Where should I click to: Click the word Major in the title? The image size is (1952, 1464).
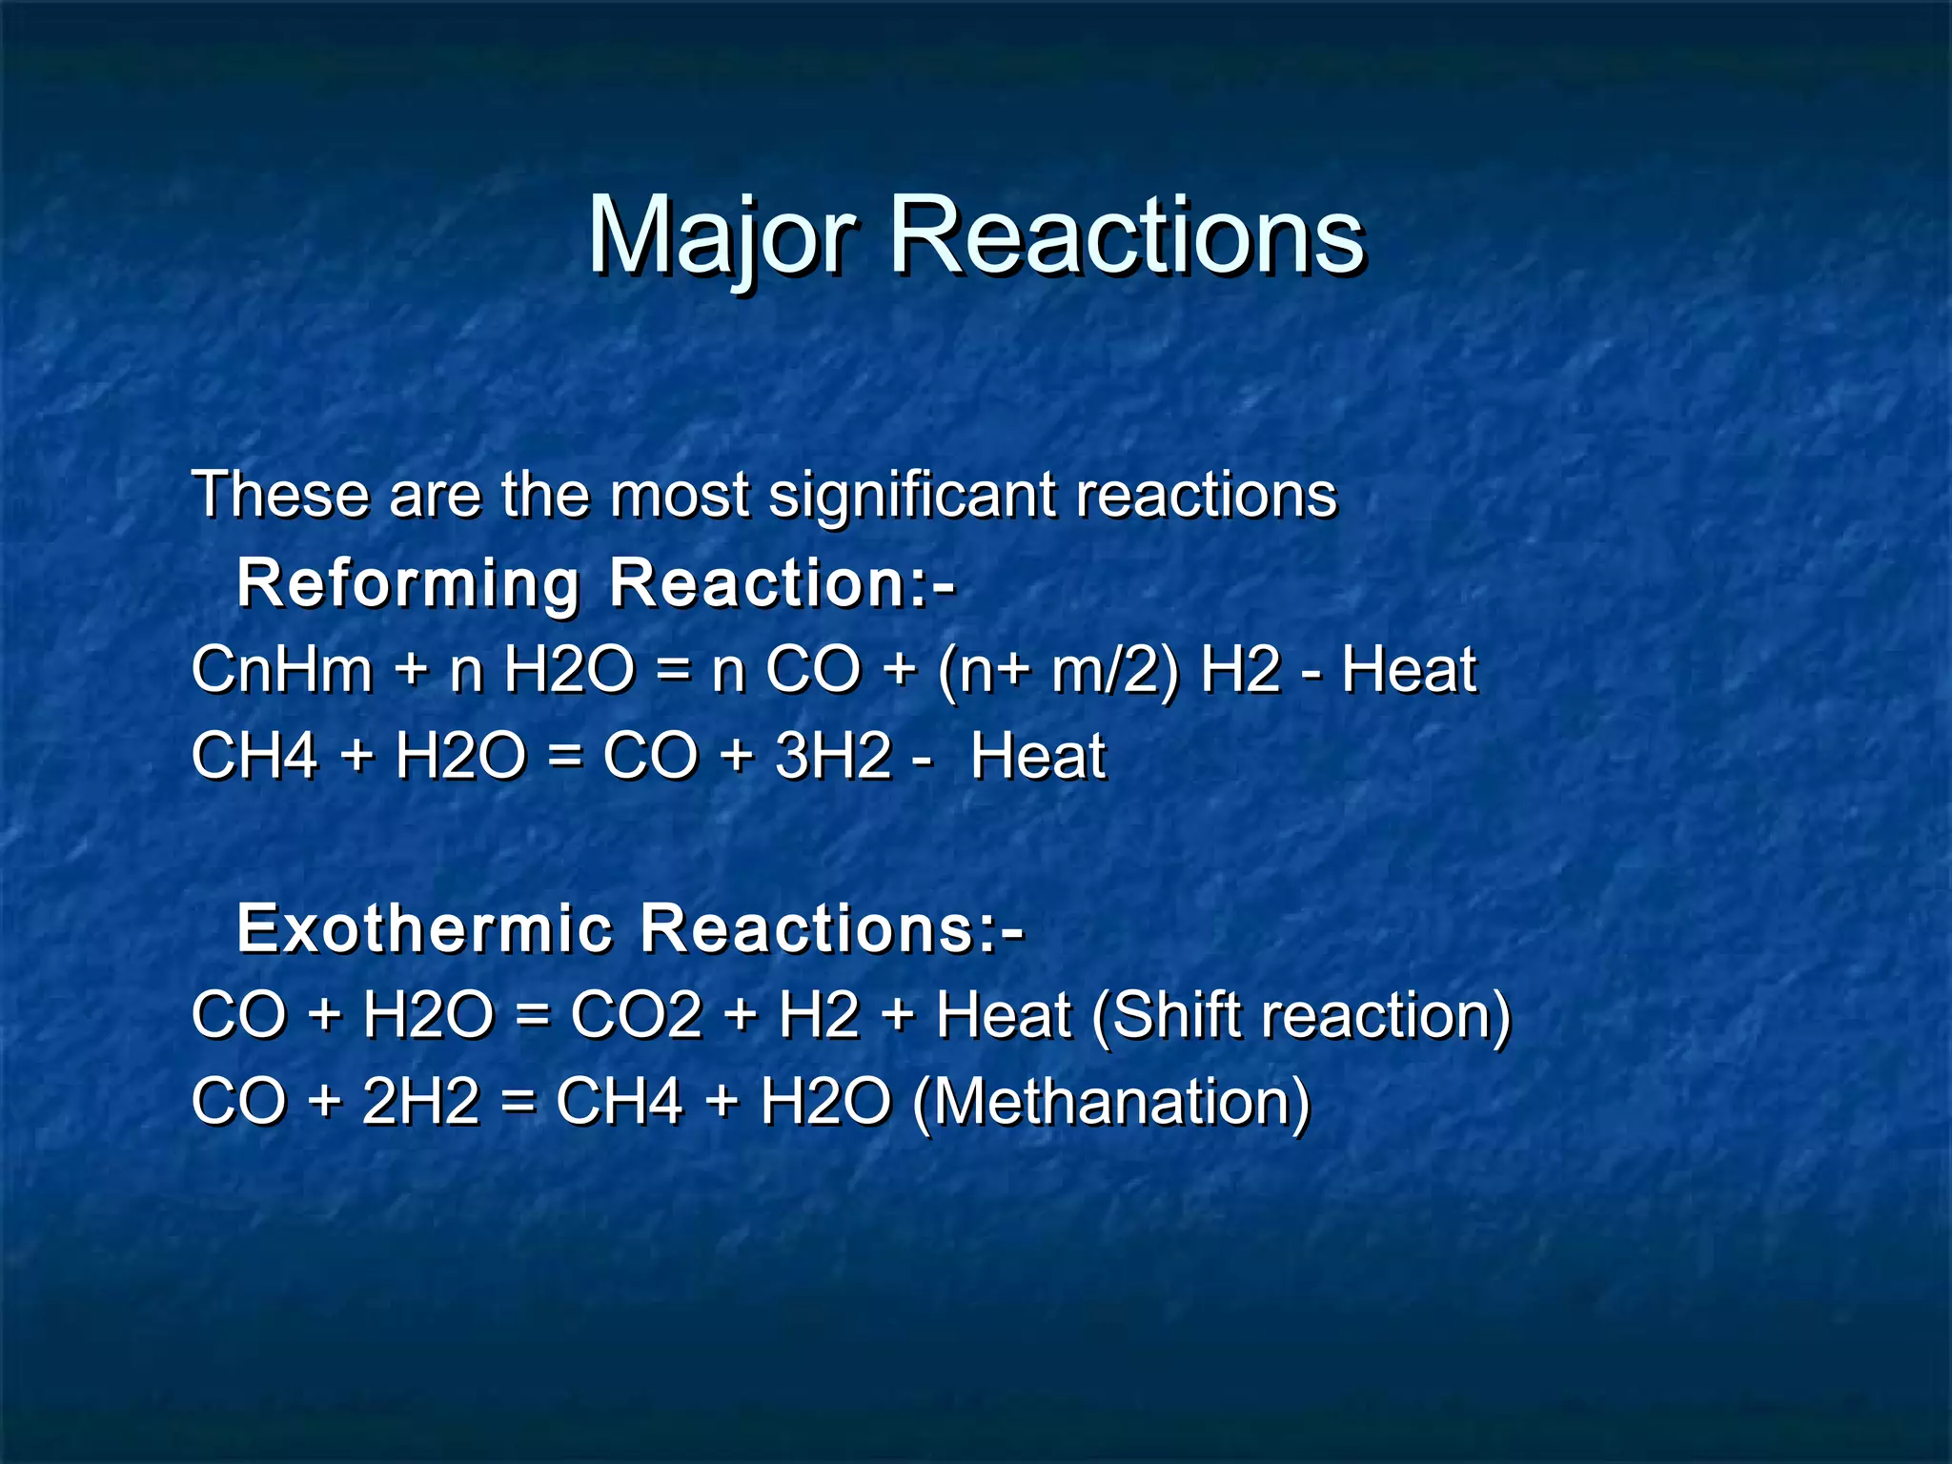click(722, 235)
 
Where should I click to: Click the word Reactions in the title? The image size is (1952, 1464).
click(1126, 235)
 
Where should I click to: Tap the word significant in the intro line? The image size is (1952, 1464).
click(912, 495)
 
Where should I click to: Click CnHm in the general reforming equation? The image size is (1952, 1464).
click(282, 669)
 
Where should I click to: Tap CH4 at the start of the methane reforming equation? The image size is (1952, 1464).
click(254, 756)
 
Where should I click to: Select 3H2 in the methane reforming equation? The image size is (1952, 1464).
click(833, 756)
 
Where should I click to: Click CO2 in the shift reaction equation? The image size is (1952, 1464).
click(636, 1014)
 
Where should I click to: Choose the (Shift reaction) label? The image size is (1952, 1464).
click(1301, 1014)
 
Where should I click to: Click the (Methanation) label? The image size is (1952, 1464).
click(1111, 1101)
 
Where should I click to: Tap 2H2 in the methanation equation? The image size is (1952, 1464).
click(420, 1101)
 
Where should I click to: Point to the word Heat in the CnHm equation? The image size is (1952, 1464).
click(1409, 669)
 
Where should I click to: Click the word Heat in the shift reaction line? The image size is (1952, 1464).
click(1004, 1014)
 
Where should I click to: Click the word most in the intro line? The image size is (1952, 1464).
click(680, 495)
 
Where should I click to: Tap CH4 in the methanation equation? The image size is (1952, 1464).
click(619, 1101)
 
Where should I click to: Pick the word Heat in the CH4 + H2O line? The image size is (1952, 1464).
click(1038, 756)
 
